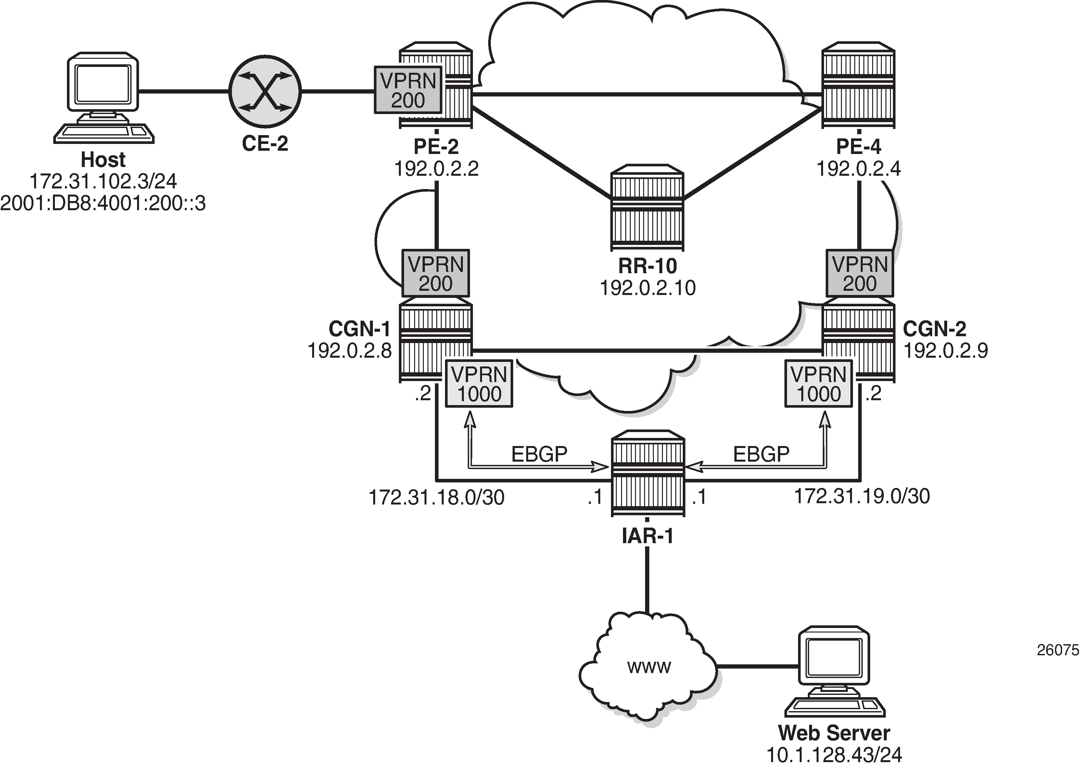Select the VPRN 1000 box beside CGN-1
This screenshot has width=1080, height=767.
[479, 384]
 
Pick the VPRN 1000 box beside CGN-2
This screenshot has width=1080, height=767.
[819, 384]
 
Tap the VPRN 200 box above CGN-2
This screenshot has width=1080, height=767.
[859, 274]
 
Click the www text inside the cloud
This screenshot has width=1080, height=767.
[649, 667]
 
